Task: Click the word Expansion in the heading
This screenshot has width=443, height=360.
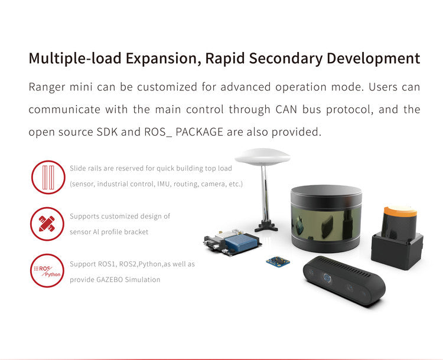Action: (x=163, y=59)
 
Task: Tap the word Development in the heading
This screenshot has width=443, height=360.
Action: (x=373, y=59)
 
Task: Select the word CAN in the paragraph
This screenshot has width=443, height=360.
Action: (x=286, y=109)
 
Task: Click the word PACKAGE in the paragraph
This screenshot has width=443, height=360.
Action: (x=199, y=132)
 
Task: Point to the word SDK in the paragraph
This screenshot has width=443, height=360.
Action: (x=107, y=132)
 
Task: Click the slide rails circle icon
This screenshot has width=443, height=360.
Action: (x=48, y=177)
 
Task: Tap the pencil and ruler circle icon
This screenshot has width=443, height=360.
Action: (x=47, y=224)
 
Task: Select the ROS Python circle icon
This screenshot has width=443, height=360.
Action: (x=47, y=270)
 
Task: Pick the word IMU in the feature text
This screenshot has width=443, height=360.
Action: (x=163, y=184)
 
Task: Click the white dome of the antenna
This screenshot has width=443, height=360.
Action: (x=262, y=157)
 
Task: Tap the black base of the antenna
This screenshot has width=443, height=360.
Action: (x=266, y=225)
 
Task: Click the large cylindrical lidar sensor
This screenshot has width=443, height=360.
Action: (x=326, y=218)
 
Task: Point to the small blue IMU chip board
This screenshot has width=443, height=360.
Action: (x=278, y=261)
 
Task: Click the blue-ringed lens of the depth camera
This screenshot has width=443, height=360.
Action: (x=327, y=277)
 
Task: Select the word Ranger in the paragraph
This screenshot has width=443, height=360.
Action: (x=47, y=87)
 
